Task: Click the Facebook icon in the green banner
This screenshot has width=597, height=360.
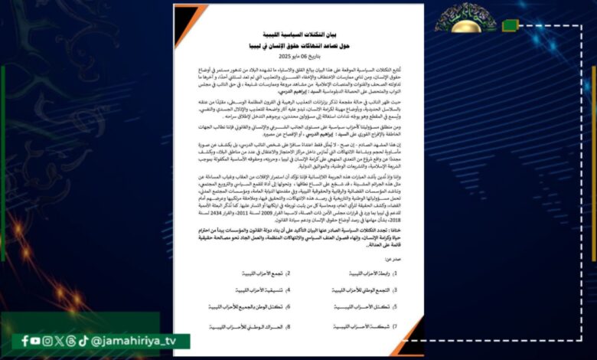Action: (25, 341)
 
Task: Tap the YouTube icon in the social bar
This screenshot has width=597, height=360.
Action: (36, 341)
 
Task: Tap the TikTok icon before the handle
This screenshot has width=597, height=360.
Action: (83, 341)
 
